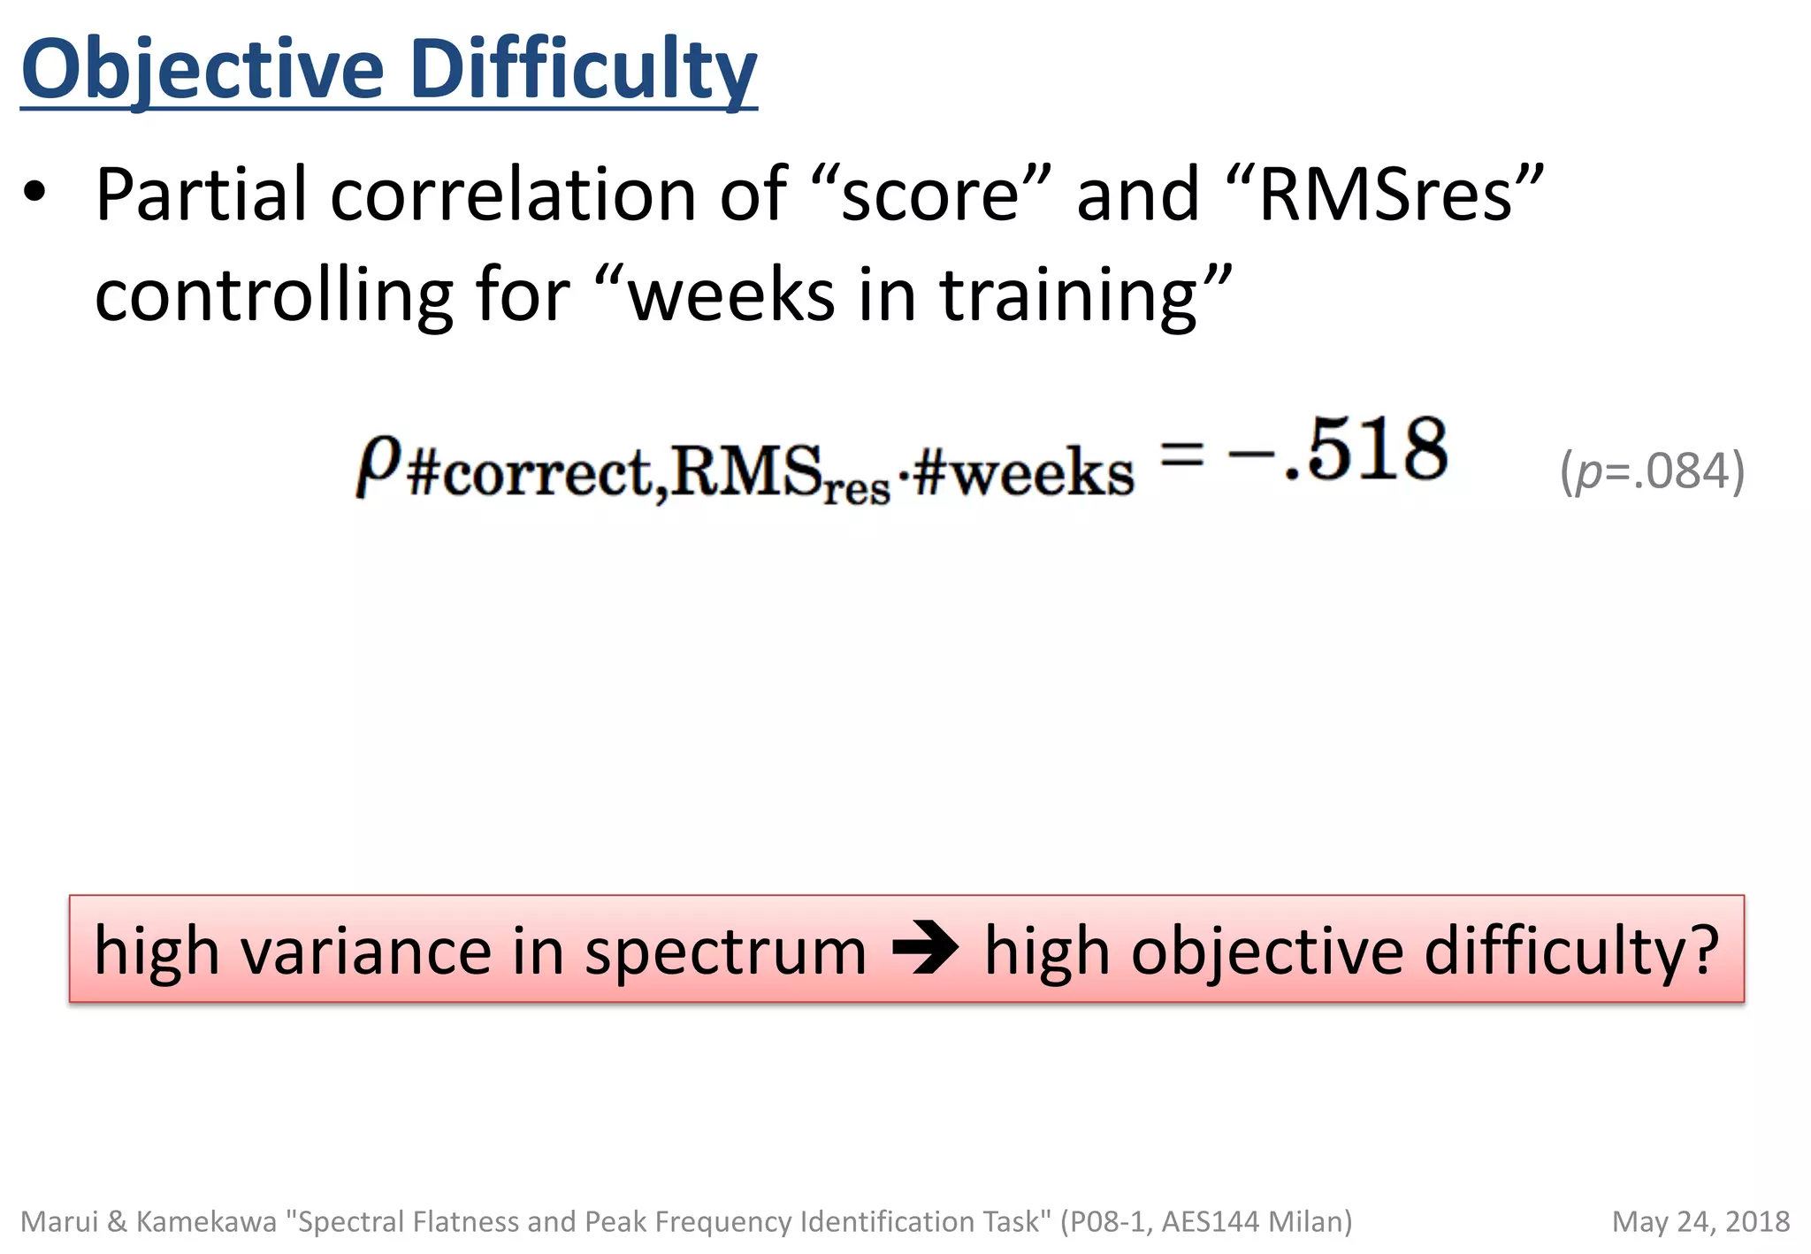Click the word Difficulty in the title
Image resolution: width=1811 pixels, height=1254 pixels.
click(x=583, y=71)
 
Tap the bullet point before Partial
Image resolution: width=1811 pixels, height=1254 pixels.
click(x=34, y=192)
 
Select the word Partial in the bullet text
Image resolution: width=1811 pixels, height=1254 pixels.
click(x=202, y=195)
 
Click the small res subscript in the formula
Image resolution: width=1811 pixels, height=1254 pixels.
click(x=856, y=489)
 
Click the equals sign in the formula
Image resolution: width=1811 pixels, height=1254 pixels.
click(x=1181, y=455)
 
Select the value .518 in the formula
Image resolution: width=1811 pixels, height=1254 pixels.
click(x=1367, y=451)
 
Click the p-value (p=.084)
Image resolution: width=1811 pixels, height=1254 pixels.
click(x=1652, y=471)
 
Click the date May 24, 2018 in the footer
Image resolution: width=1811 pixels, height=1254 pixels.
click(x=1700, y=1221)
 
